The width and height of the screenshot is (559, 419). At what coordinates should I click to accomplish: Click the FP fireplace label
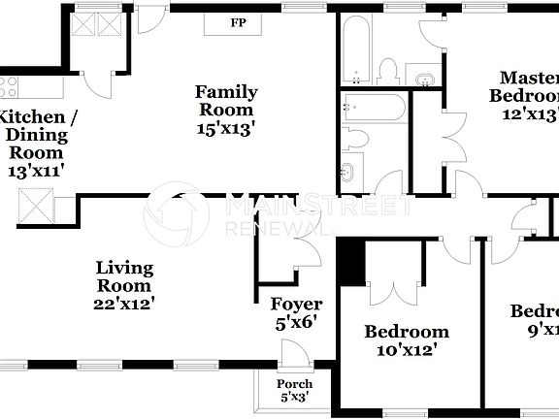coord(237,22)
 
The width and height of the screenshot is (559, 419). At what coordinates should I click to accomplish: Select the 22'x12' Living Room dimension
coord(123,303)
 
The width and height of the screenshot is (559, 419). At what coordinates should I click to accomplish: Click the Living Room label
coord(123,276)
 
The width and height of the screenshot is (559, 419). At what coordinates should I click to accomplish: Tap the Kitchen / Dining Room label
coord(36,135)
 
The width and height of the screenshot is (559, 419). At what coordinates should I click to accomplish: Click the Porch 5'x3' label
coord(295,390)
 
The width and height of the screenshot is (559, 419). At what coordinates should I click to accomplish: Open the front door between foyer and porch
coord(289,351)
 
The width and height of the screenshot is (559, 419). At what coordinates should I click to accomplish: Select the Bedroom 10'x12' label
coord(407,339)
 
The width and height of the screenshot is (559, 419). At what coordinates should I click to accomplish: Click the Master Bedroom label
coord(528,86)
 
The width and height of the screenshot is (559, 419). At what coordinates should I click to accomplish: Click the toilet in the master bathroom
coord(388,70)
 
